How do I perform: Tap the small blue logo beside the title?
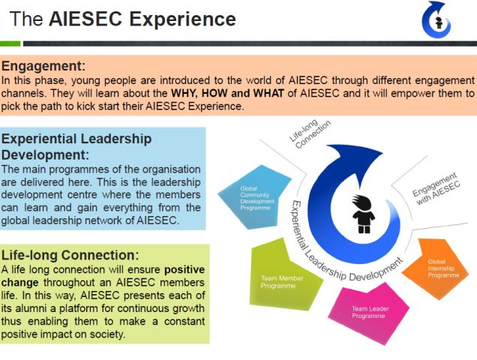tap(436, 19)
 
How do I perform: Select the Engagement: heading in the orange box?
tap(43, 67)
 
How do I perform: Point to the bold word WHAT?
tap(268, 93)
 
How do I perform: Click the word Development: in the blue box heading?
tap(45, 155)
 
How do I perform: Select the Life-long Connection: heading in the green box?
tap(70, 255)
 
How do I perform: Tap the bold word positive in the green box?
tap(184, 270)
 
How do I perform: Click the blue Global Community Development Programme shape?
tap(254, 197)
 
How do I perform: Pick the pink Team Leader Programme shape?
tap(370, 313)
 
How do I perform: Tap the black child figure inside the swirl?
tap(363, 214)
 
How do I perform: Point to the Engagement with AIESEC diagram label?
tap(436, 189)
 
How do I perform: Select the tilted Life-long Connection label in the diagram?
tap(310, 134)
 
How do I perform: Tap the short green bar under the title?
tap(10, 43)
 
